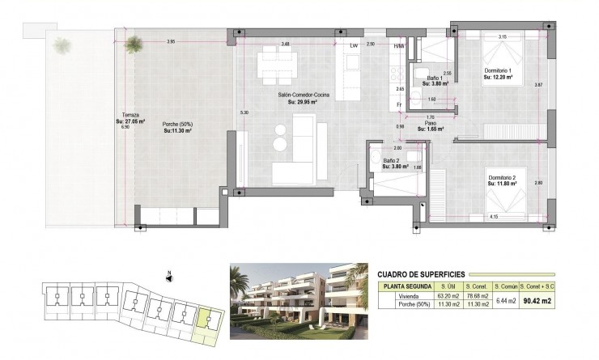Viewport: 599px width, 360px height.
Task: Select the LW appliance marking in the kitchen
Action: [x=353, y=46]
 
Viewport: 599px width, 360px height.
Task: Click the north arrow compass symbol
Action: [x=168, y=275]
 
